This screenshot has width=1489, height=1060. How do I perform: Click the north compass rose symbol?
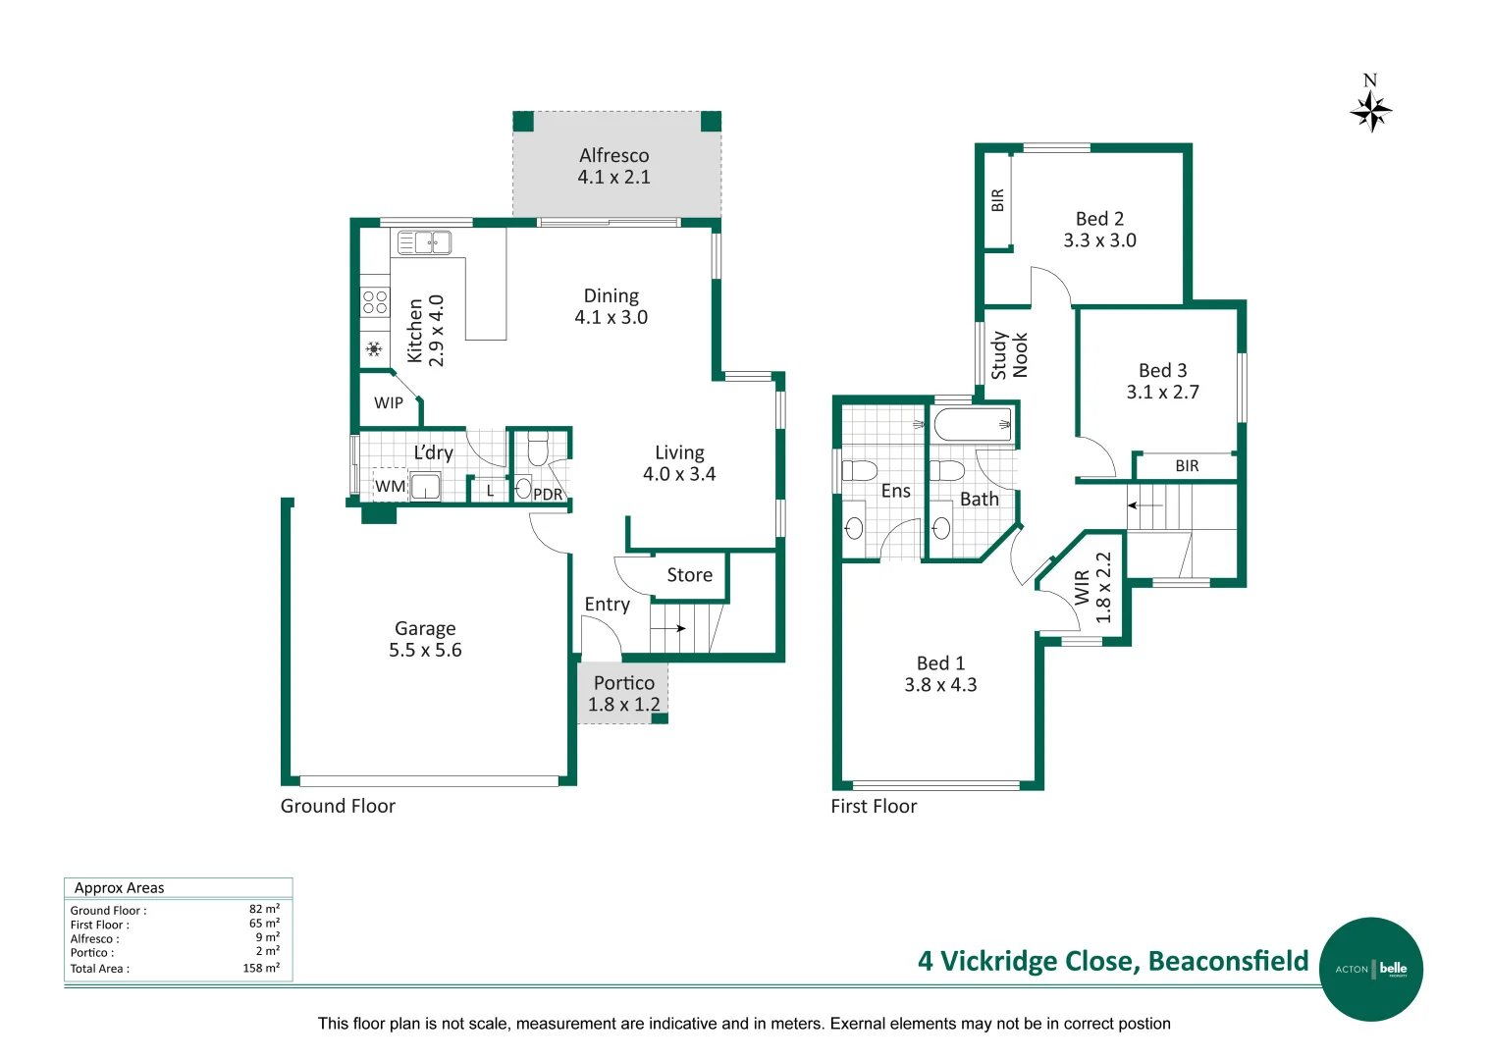(x=1370, y=111)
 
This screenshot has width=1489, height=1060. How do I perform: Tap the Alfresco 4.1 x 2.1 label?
(x=613, y=166)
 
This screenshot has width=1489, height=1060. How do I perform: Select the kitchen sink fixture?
(x=424, y=241)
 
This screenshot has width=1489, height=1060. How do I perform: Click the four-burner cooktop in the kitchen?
(x=375, y=301)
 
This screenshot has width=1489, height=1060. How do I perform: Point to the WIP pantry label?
(x=389, y=402)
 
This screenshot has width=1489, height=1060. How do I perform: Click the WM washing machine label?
(x=390, y=486)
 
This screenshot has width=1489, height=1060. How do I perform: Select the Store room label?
(x=689, y=575)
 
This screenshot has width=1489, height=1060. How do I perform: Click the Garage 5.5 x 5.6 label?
(x=425, y=639)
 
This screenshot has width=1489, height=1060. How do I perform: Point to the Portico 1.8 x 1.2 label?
(x=623, y=694)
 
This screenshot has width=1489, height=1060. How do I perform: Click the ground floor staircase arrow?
(x=669, y=628)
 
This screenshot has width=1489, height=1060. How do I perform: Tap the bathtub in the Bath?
(x=973, y=425)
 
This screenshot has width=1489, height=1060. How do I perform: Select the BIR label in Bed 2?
(x=998, y=200)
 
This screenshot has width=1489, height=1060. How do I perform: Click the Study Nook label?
(x=1009, y=354)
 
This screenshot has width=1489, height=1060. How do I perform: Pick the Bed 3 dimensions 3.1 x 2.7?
(x=1162, y=393)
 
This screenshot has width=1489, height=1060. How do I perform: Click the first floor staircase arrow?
(x=1143, y=505)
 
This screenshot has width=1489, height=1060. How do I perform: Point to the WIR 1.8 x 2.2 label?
(x=1092, y=587)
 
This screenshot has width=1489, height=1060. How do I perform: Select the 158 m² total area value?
(x=261, y=968)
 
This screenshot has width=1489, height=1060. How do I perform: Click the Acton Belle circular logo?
(x=1370, y=969)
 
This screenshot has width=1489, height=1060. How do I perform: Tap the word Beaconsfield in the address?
(x=1228, y=961)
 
